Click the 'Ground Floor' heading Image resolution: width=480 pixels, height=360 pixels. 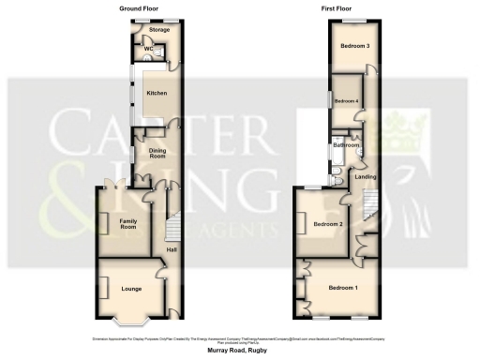[x=138, y=7]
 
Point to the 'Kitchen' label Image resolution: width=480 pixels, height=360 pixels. [x=156, y=94]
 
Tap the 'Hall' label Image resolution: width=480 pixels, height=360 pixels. [x=172, y=248]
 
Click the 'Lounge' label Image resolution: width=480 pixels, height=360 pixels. [x=131, y=289]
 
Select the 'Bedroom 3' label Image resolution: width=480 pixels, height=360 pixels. [x=353, y=46]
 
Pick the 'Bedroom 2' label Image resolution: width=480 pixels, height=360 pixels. [x=328, y=225]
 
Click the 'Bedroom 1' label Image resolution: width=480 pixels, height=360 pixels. [x=342, y=287]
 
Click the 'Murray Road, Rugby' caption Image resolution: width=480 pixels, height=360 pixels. [x=239, y=351]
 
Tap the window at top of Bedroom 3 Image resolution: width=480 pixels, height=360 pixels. [x=353, y=20]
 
